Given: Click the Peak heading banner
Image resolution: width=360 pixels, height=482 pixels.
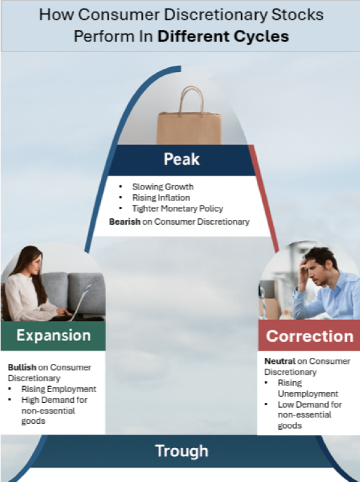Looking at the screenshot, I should pyautogui.click(x=182, y=159).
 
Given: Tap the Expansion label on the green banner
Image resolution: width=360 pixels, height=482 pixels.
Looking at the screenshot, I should pyautogui.click(x=53, y=335).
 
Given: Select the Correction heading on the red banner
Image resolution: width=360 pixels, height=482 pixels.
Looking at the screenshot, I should pyautogui.click(x=310, y=336).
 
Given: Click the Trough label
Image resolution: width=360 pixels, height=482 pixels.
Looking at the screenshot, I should pyautogui.click(x=182, y=451).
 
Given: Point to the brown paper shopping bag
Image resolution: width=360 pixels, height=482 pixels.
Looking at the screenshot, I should pyautogui.click(x=189, y=123).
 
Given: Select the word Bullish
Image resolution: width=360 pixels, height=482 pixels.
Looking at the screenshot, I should pyautogui.click(x=22, y=367).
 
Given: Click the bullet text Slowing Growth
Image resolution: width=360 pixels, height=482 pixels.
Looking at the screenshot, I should pyautogui.click(x=163, y=186).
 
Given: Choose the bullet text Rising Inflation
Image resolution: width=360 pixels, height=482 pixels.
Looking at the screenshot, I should pyautogui.click(x=161, y=197).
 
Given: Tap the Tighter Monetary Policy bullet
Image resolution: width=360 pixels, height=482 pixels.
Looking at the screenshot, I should pyautogui.click(x=178, y=209).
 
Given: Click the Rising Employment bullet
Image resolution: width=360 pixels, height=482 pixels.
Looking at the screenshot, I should pyautogui.click(x=58, y=389).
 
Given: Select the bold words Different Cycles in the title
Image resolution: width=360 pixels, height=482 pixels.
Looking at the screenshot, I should pyautogui.click(x=223, y=36).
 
